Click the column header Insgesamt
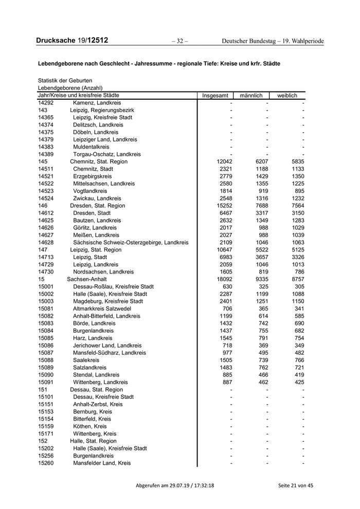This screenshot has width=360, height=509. tap(215, 96)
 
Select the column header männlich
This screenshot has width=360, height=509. tap(251, 96)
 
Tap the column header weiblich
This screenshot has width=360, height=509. tap(287, 96)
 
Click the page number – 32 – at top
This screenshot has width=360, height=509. tap(179, 41)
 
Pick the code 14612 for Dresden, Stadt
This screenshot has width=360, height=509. tap(46, 213)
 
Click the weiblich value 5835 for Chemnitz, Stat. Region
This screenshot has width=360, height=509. tap(297, 161)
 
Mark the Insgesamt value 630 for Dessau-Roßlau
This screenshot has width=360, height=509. tap(227, 286)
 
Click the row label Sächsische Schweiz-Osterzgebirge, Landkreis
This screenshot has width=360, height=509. tap(131, 242)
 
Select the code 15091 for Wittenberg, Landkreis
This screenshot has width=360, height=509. tap(46, 382)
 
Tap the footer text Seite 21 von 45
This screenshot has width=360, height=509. tap(295, 485)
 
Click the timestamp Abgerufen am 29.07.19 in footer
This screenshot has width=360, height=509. tap(175, 485)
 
